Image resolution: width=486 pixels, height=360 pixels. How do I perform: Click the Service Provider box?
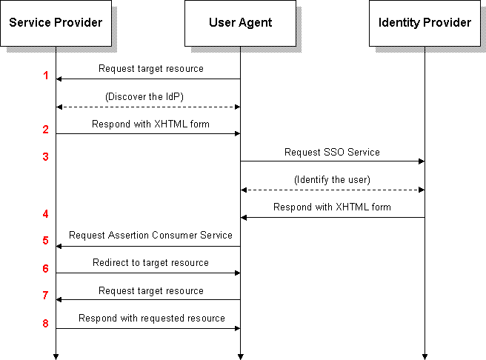click(x=56, y=23)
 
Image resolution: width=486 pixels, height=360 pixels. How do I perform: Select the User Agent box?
click(x=240, y=23)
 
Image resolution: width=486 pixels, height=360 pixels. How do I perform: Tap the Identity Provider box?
click(x=425, y=23)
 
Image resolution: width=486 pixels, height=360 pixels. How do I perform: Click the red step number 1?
click(x=46, y=76)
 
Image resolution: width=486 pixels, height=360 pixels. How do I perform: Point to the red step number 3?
click(x=46, y=157)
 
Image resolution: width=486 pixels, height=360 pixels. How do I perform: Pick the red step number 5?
click(x=46, y=241)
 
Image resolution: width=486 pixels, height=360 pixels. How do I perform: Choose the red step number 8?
click(x=46, y=324)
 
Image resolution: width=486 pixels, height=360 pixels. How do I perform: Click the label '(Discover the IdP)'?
click(x=144, y=96)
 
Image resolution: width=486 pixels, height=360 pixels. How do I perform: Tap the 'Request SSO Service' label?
click(x=332, y=152)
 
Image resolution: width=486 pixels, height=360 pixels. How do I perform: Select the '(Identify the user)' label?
click(x=332, y=180)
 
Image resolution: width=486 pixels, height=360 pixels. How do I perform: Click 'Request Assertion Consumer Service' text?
click(x=150, y=235)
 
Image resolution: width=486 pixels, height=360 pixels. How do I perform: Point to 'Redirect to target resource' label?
click(x=150, y=263)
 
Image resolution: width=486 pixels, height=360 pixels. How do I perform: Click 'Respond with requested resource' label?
click(x=152, y=319)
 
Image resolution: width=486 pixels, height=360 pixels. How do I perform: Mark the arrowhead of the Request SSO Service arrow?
click(x=422, y=161)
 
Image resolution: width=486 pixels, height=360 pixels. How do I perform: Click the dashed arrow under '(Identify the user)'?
click(x=333, y=190)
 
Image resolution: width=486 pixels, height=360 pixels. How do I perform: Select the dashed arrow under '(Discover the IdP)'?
click(x=148, y=107)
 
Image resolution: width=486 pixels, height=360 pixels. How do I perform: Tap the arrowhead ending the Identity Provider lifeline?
click(x=425, y=357)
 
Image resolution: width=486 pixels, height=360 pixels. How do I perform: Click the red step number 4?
click(x=46, y=214)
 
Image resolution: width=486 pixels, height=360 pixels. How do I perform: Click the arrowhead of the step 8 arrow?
click(x=237, y=328)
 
